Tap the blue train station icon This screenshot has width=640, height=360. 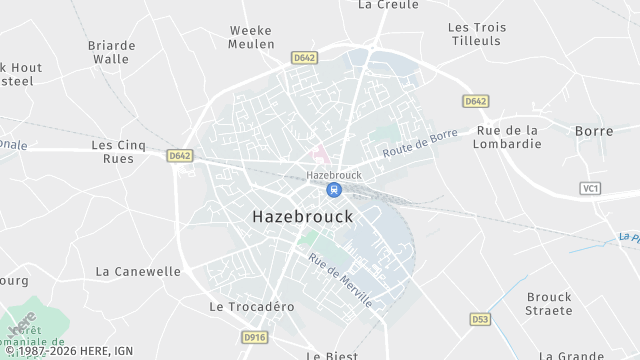click(334, 190)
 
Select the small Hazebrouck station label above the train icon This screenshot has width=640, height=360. click(334, 173)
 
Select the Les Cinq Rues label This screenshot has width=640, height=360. click(119, 151)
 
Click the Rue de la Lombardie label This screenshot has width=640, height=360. click(509, 137)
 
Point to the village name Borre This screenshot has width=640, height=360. click(594, 131)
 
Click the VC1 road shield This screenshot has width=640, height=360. click(590, 188)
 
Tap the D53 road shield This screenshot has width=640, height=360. click(479, 319)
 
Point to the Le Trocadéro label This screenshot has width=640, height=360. click(252, 307)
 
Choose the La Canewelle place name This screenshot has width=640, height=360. click(138, 271)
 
